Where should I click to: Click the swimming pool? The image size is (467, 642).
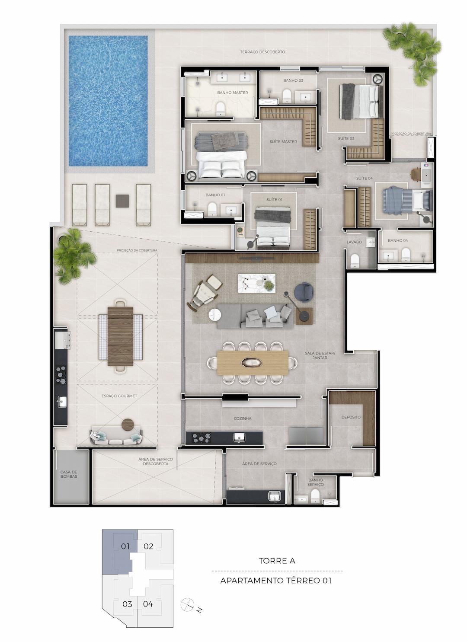108,101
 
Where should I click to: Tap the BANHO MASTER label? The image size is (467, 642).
233,93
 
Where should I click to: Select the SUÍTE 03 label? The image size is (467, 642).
346,138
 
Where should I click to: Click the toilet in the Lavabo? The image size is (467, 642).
355,260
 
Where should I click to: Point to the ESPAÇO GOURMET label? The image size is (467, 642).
119,396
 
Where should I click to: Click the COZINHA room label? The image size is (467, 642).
243,418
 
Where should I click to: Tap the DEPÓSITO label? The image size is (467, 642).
351,417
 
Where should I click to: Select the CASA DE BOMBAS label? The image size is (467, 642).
69,474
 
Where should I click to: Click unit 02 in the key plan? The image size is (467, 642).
148,546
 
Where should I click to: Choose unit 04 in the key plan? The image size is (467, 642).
148,604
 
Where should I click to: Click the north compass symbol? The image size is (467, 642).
188,604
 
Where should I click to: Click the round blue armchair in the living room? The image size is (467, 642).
304,292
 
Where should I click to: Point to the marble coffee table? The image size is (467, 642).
256,283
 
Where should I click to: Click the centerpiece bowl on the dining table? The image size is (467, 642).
252,363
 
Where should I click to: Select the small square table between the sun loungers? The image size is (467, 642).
122,201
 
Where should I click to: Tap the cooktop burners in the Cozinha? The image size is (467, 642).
202,438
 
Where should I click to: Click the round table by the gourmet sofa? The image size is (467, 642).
128,425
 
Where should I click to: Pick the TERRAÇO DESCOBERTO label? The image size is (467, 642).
262,52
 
